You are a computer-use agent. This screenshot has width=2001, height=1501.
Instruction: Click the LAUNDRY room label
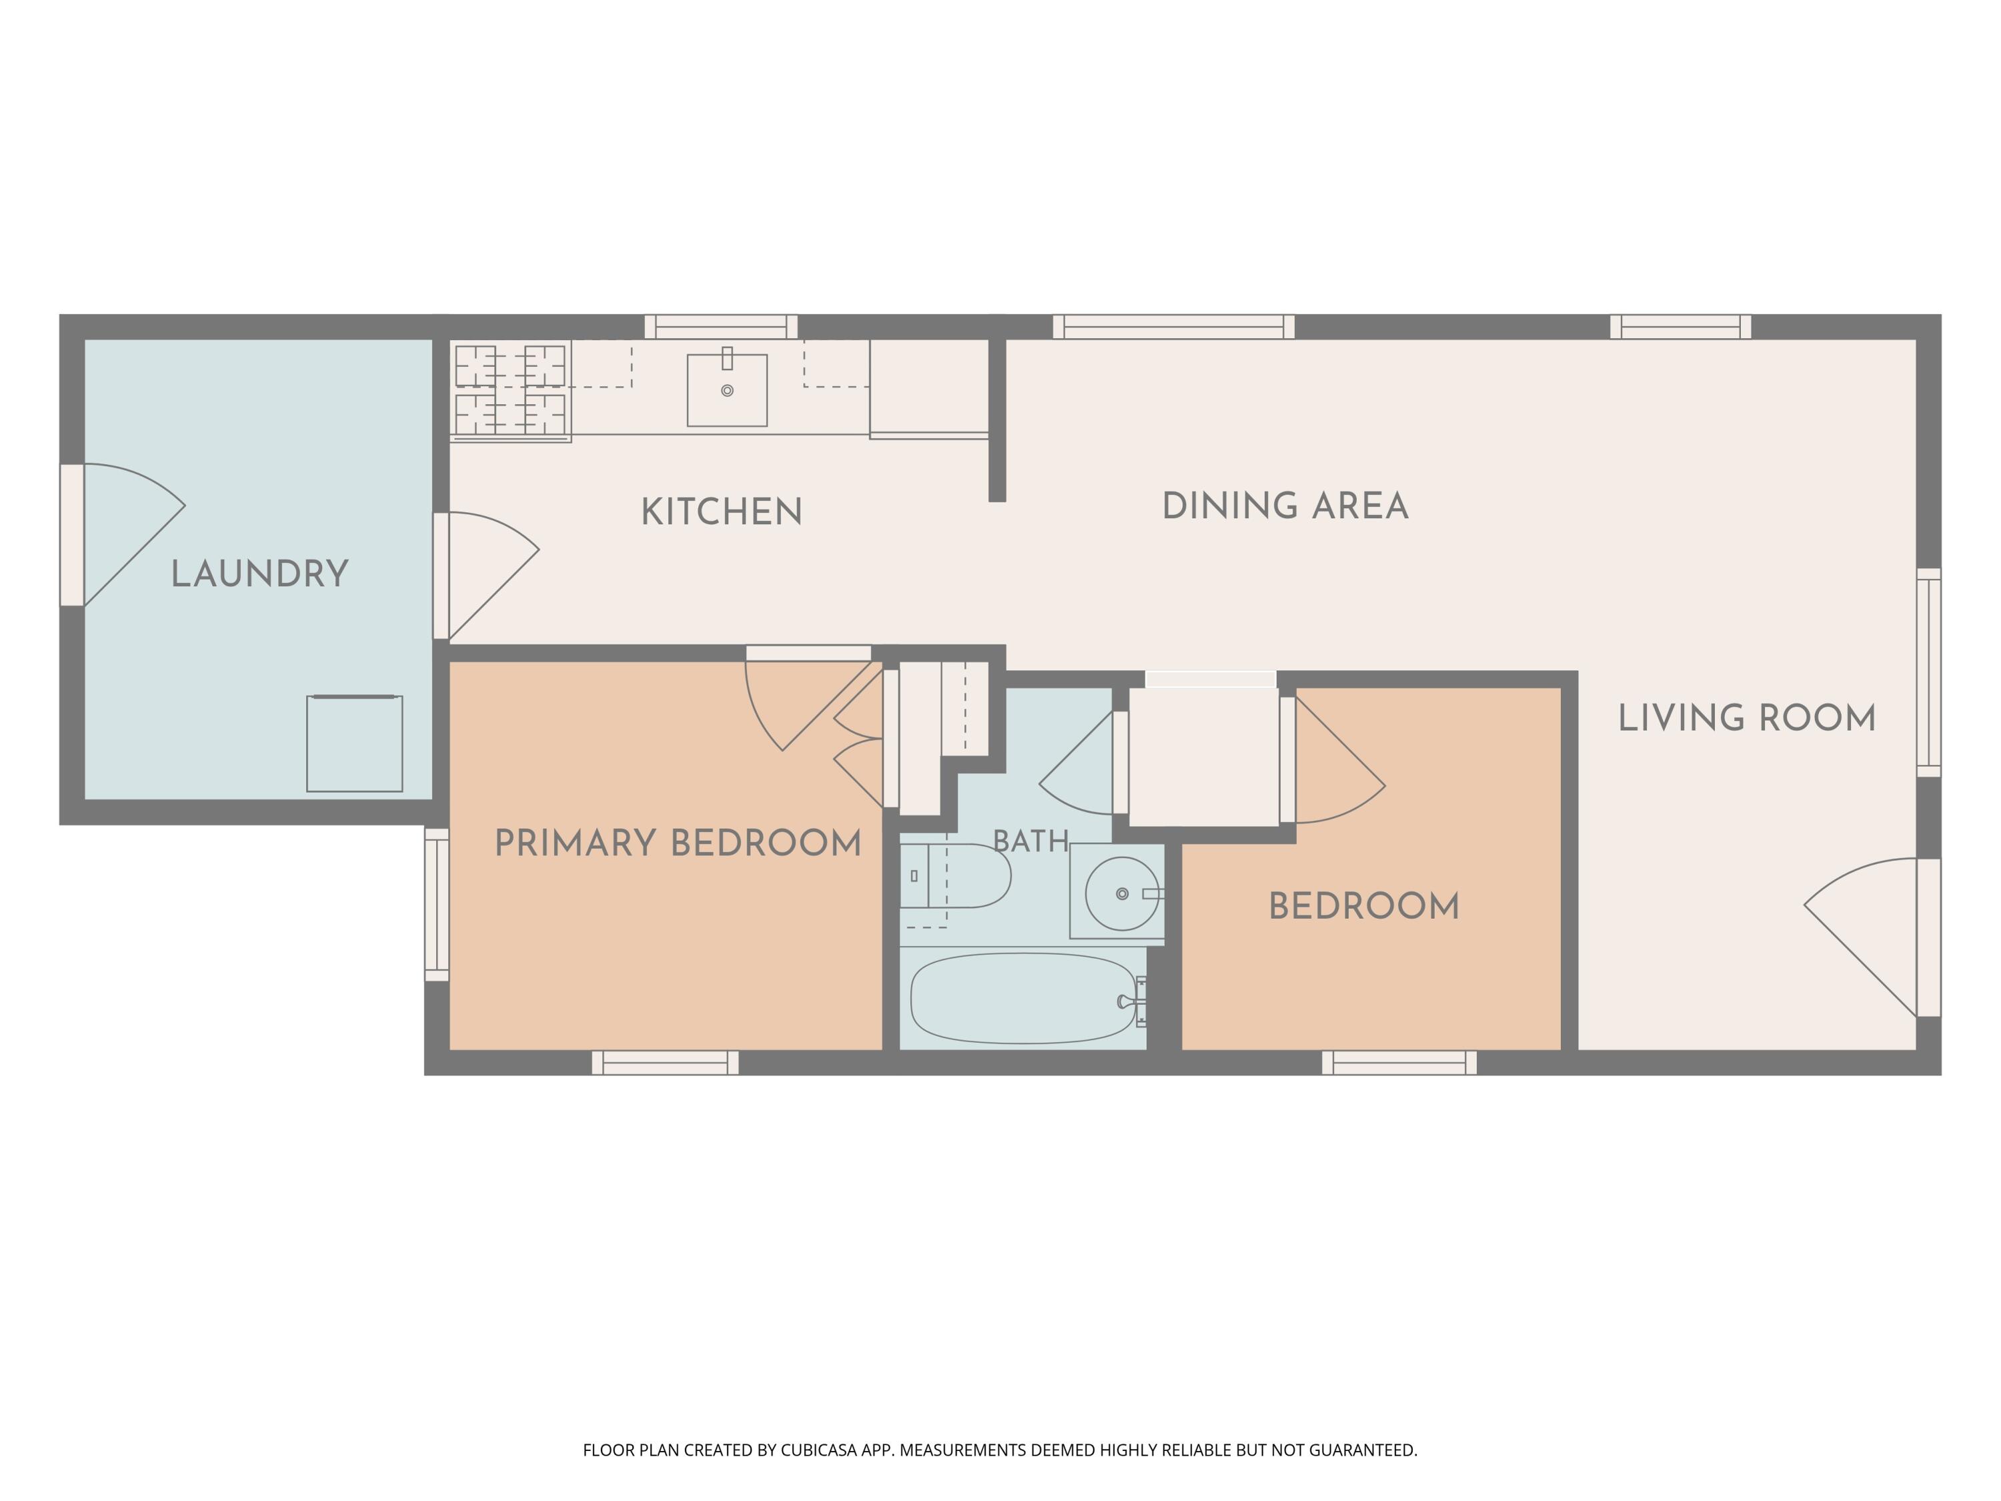259,574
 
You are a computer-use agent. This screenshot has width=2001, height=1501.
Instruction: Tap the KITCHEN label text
722,512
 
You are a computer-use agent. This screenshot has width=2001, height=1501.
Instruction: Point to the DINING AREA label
1285,506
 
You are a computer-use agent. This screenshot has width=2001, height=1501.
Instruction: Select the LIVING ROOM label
1747,718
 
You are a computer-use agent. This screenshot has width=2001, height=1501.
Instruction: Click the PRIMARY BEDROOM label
678,843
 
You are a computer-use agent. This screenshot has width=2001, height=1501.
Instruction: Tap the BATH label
1031,841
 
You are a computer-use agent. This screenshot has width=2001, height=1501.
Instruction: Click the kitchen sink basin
727,390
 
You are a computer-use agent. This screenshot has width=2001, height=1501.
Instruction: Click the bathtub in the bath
1023,998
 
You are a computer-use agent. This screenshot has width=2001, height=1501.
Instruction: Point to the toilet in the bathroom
955,876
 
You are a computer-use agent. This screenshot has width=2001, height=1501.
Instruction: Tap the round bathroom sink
1122,894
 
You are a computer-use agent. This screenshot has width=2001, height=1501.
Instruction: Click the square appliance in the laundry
355,744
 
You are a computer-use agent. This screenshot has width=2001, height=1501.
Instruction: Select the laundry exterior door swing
134,534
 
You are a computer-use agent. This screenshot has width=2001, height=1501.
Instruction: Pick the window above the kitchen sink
721,327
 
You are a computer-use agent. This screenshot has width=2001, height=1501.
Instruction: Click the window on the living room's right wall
1929,672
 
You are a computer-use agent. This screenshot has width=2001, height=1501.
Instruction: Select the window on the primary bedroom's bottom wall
665,1063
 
